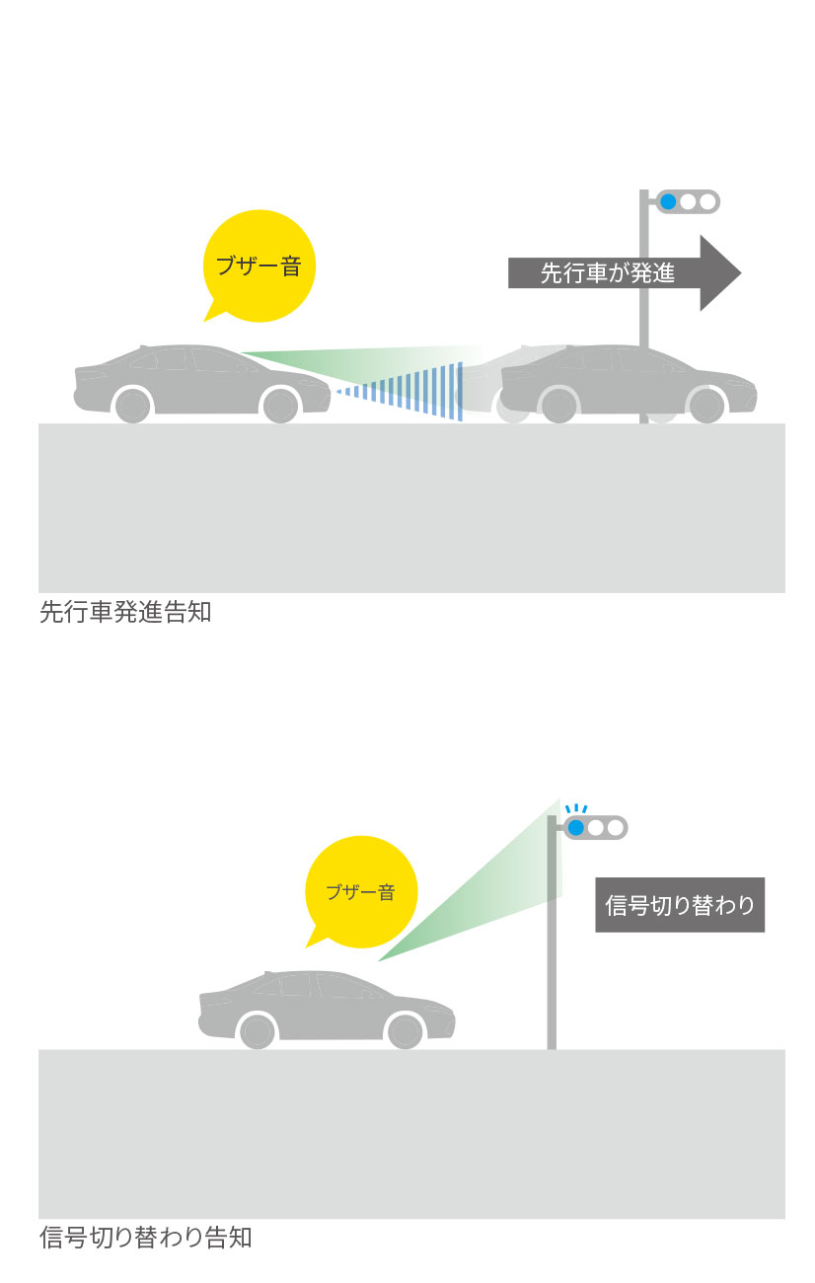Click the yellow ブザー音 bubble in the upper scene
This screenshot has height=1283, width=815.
click(259, 264)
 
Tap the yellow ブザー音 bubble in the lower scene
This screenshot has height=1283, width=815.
click(361, 891)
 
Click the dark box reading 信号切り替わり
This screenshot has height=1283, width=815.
click(680, 904)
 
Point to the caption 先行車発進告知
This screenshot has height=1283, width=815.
click(125, 612)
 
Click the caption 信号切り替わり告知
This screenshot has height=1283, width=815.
click(146, 1237)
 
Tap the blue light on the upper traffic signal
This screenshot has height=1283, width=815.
click(668, 202)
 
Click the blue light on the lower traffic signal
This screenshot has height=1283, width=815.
click(576, 827)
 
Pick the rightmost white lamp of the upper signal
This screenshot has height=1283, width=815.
click(706, 202)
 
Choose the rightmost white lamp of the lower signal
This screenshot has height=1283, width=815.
click(615, 827)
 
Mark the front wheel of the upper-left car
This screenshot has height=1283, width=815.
click(281, 405)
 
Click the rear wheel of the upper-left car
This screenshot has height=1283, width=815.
click(133, 405)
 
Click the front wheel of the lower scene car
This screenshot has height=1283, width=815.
click(405, 1030)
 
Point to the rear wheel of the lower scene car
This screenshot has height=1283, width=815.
click(258, 1030)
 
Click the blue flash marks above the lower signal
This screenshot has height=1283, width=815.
click(575, 809)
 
